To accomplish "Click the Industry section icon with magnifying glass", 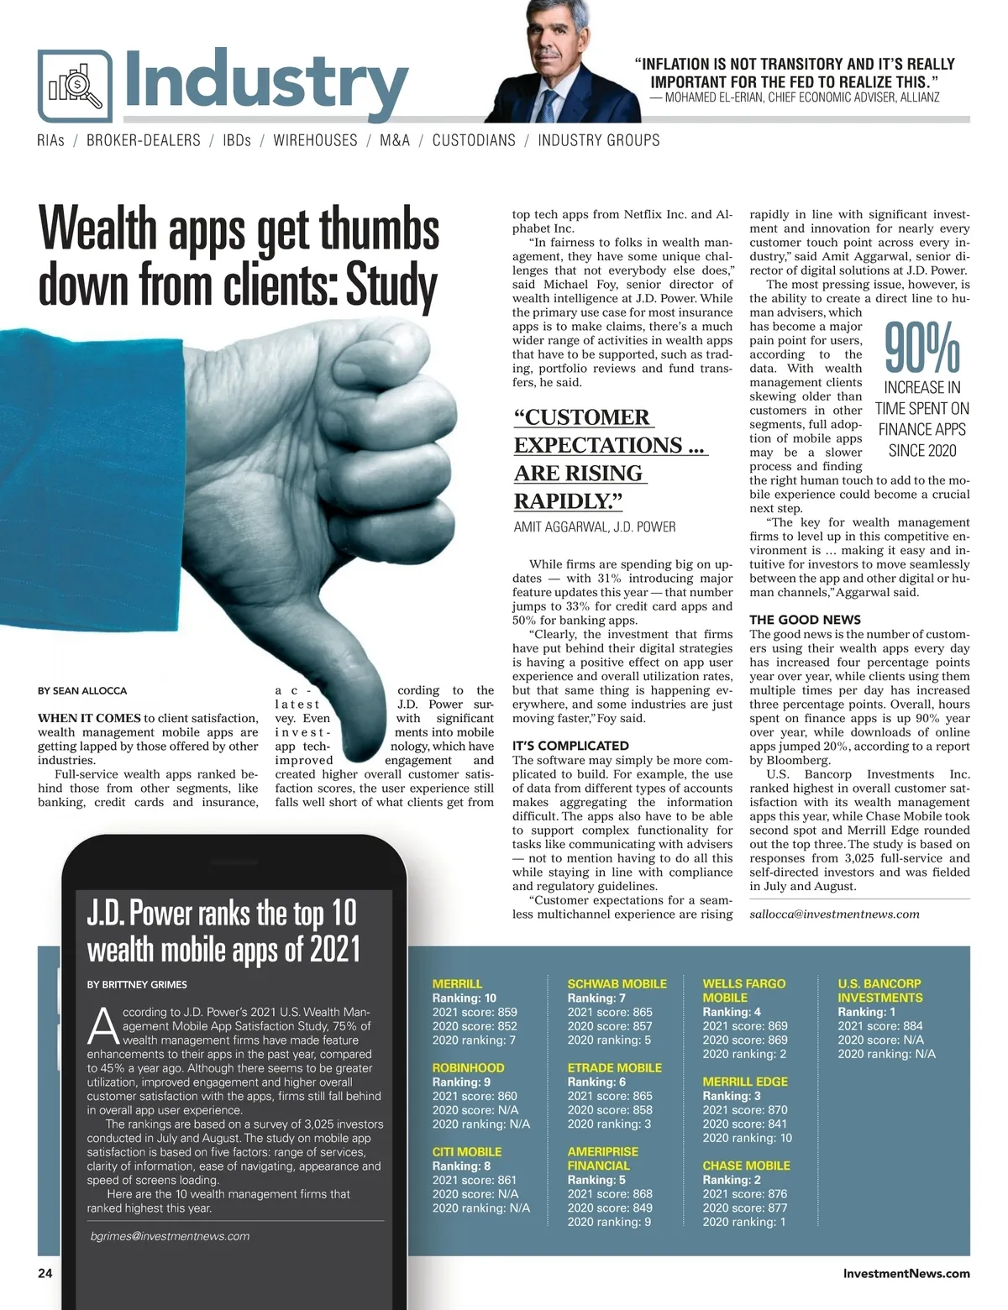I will click(75, 86).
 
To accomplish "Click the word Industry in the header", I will click(266, 82).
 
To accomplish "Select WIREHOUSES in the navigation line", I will click(315, 140).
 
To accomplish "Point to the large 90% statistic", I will click(921, 348).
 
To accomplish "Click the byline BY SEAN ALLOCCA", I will click(82, 690).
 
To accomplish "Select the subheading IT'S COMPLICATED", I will click(570, 746).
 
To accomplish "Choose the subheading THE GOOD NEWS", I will click(793, 620).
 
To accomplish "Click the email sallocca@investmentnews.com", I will click(834, 914).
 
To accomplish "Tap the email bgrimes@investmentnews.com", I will click(170, 1236).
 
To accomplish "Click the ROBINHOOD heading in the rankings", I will click(468, 1067).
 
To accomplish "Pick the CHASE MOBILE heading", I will click(746, 1166).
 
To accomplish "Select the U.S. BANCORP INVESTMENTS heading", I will click(879, 990).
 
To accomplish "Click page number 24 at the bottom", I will click(45, 1273).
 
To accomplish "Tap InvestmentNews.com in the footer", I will click(906, 1273).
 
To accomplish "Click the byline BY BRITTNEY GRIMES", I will click(137, 984).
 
